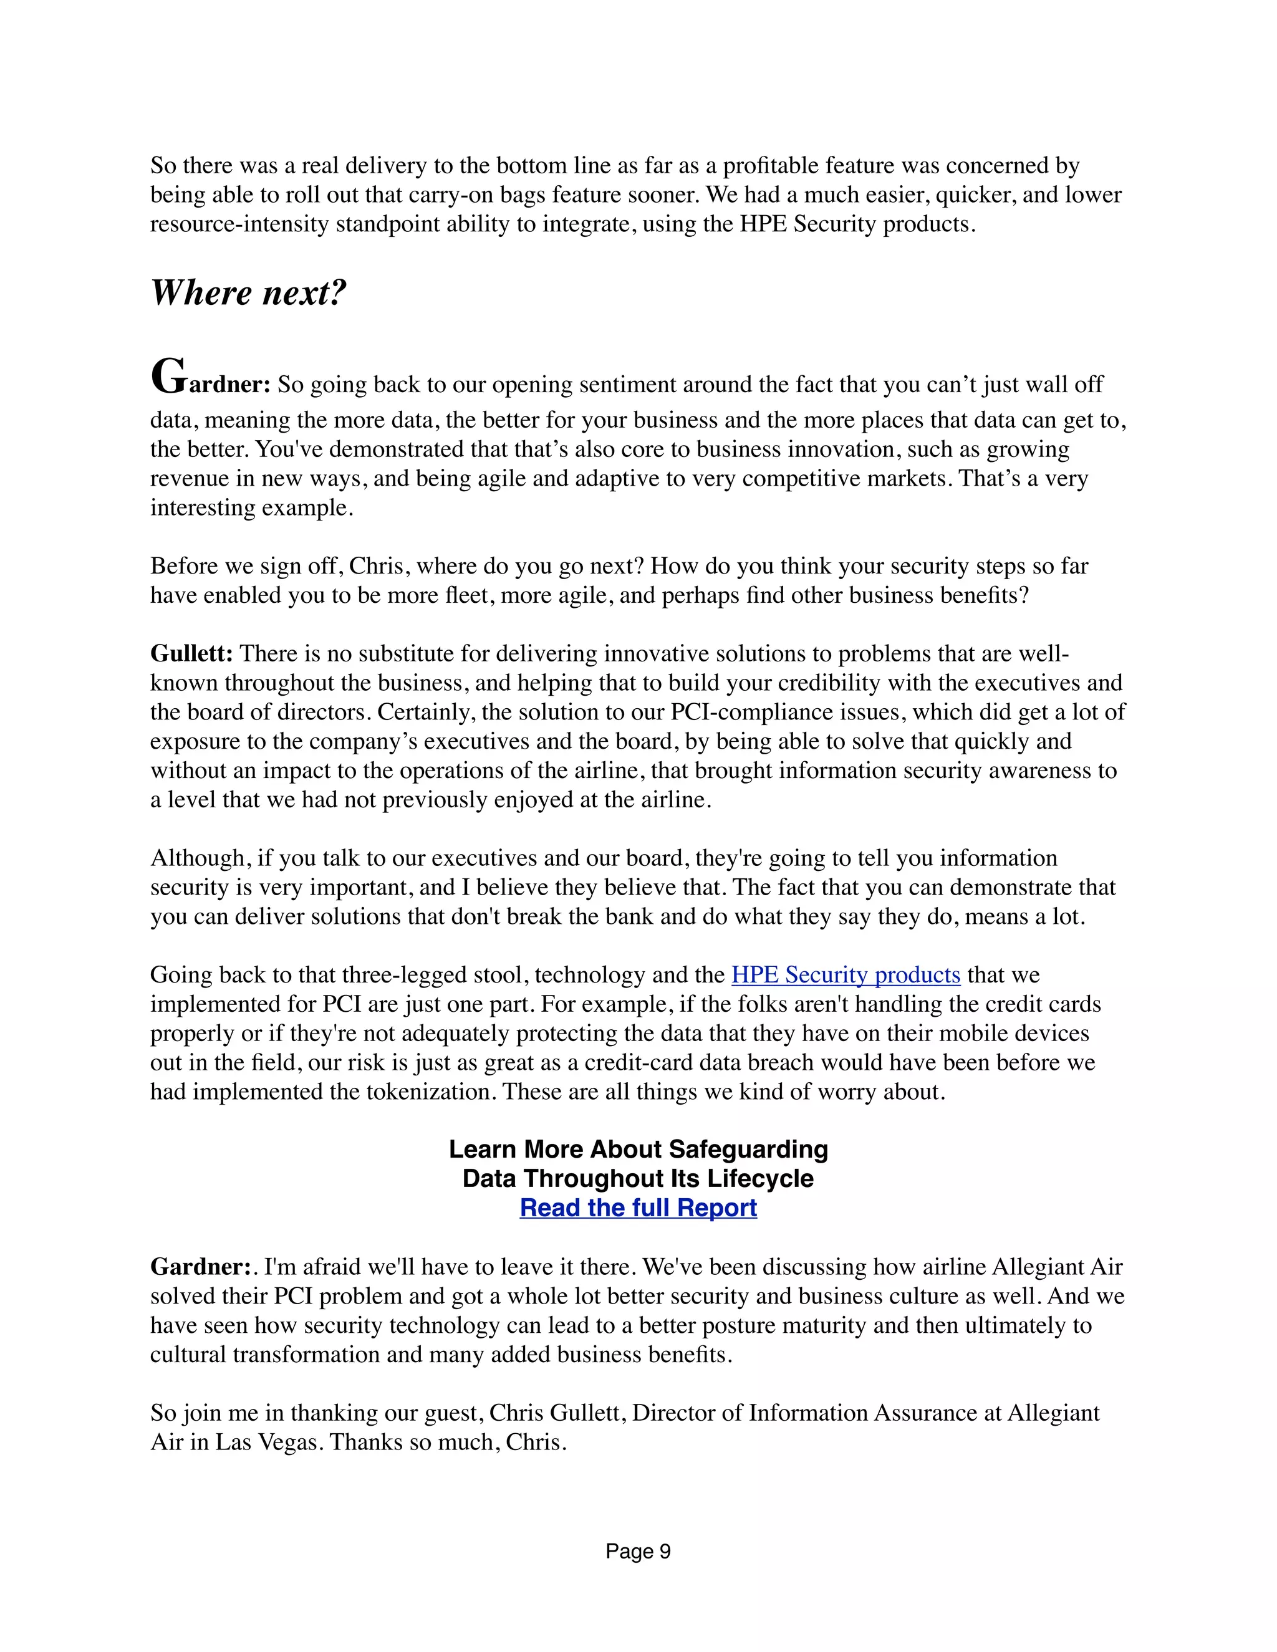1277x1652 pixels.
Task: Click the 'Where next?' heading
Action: [x=248, y=293]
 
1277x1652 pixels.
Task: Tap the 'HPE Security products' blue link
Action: [x=845, y=974]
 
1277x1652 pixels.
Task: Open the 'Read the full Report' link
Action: [x=638, y=1208]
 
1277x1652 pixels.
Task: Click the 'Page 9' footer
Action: [x=638, y=1552]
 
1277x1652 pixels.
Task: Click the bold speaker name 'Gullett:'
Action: [x=191, y=653]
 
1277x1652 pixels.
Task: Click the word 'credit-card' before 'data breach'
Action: [x=632, y=1062]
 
